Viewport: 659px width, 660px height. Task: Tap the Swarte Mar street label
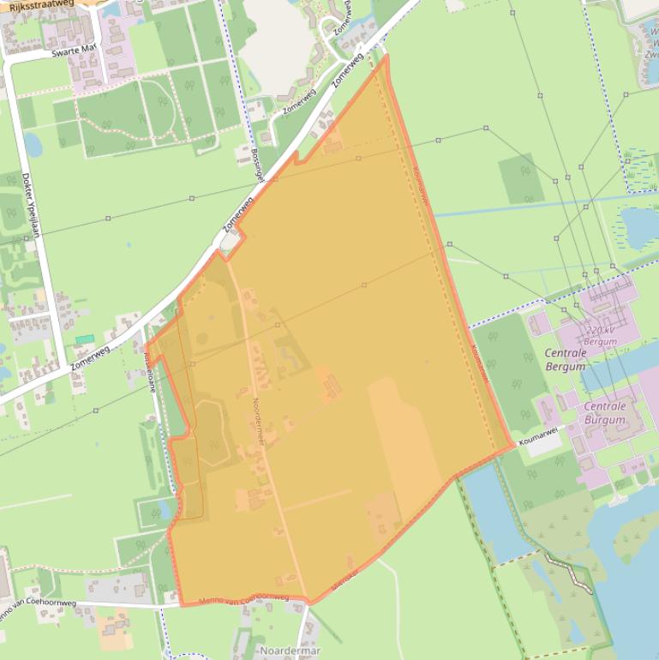[72, 51]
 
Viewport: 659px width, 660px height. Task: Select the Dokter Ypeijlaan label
[33, 205]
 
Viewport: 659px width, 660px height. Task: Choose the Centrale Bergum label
[566, 360]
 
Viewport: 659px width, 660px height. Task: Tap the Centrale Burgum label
[605, 413]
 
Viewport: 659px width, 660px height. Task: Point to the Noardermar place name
[291, 651]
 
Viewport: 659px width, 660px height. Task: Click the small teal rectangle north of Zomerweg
[84, 339]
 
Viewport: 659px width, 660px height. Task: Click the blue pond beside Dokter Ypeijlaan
[33, 144]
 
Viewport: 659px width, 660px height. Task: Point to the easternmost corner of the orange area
[514, 444]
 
